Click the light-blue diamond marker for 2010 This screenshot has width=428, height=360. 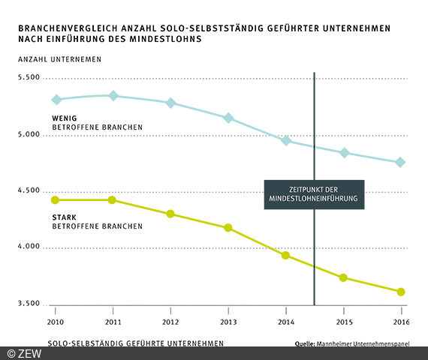56,100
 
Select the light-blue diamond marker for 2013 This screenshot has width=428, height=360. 228,118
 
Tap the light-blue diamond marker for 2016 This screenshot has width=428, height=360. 400,162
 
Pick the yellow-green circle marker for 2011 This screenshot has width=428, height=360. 113,199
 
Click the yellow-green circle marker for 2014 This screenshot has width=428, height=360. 285,255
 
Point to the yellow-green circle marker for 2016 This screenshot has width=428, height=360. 400,292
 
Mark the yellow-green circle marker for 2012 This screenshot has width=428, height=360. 170,214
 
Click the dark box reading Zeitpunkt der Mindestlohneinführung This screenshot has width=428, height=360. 314,194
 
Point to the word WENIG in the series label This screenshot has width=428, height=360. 65,118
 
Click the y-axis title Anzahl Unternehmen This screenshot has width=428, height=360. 56,58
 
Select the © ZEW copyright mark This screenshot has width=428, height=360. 25,352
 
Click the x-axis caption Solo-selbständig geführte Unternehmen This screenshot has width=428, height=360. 135,343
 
